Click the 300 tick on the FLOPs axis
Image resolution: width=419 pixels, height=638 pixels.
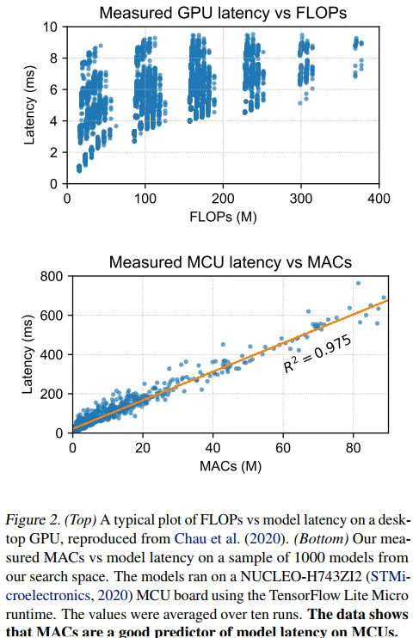(301, 198)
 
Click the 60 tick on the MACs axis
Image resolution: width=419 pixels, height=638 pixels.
(284, 448)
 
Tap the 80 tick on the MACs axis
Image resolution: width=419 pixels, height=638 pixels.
(354, 448)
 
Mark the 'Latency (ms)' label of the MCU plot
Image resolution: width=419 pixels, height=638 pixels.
(28, 354)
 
